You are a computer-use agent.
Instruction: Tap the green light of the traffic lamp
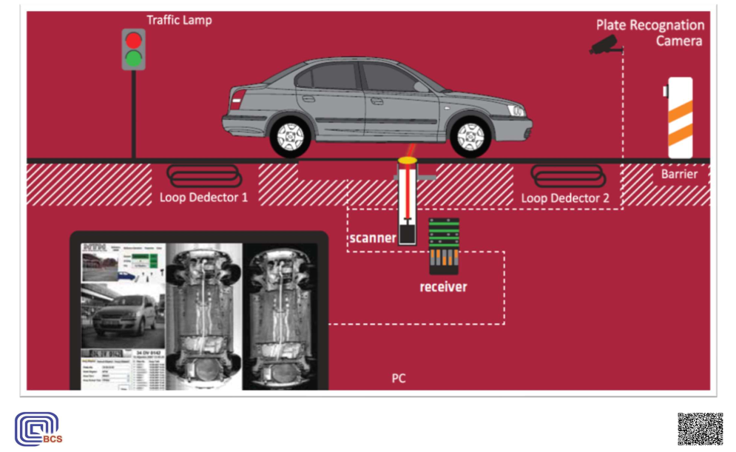(134, 58)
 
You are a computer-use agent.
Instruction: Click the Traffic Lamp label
(179, 20)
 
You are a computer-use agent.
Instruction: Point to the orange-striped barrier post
(680, 118)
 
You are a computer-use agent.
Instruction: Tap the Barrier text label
(679, 175)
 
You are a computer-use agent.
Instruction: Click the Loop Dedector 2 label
(565, 198)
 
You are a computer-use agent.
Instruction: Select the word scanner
(373, 238)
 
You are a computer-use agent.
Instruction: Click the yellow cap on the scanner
(408, 159)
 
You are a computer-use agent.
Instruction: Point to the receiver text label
(443, 286)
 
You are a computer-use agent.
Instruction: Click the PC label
(399, 378)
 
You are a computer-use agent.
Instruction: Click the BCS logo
(38, 430)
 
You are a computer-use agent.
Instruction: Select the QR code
(700, 430)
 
